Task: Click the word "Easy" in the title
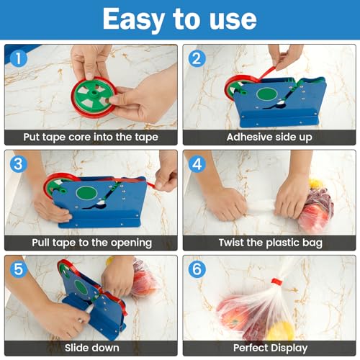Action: click(133, 19)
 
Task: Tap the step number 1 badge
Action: click(19, 58)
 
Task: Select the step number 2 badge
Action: click(197, 58)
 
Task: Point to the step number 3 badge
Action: click(19, 164)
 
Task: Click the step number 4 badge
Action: click(197, 164)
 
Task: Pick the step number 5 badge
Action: click(19, 269)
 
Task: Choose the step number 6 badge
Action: click(197, 269)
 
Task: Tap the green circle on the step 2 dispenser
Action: click(267, 94)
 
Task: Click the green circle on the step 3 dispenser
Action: click(86, 193)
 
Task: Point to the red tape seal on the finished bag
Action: click(277, 282)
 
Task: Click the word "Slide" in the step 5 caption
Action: click(76, 348)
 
